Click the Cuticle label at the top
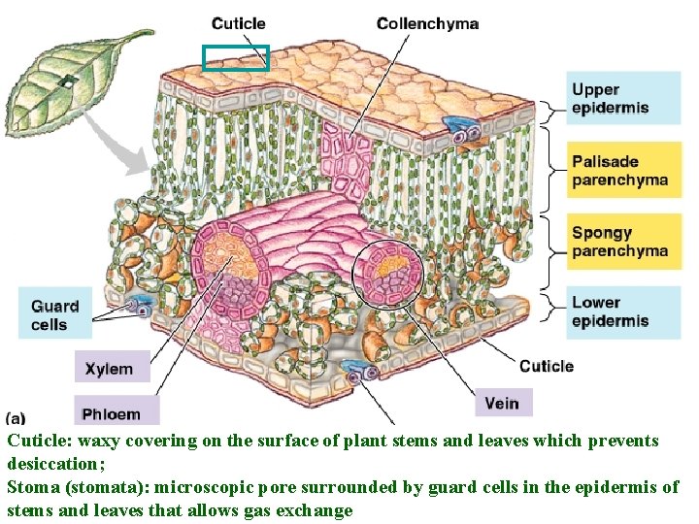[238, 23]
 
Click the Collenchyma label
[427, 23]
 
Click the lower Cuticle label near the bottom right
[547, 366]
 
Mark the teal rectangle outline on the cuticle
[236, 58]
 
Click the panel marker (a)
[17, 418]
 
